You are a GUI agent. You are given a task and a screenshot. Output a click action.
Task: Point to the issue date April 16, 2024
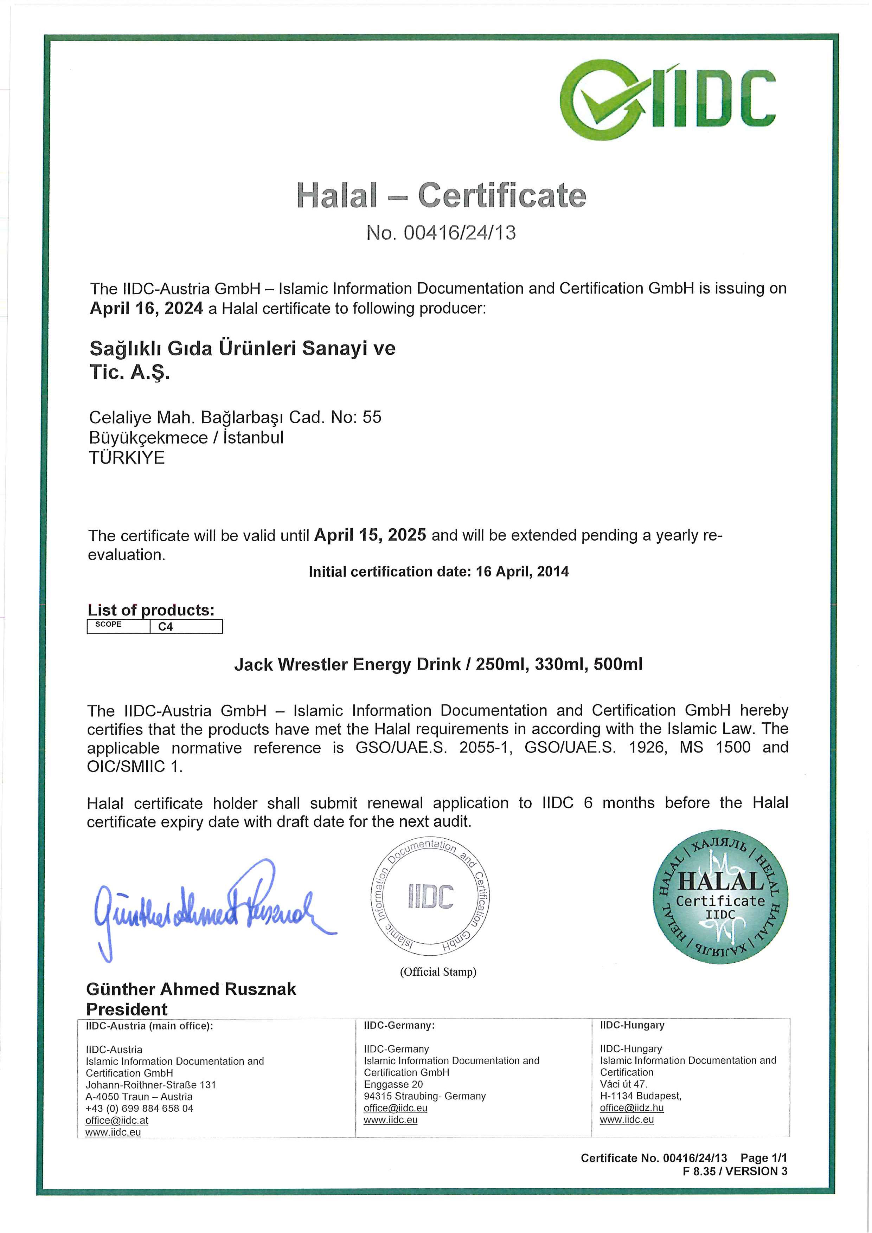coord(146,309)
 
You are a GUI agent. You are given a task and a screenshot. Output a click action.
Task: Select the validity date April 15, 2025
coord(370,535)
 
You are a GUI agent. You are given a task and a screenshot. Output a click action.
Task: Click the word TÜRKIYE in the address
coord(127,458)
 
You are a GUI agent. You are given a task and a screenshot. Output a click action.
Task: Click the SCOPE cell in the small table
coord(109,625)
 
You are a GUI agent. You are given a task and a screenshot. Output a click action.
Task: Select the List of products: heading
coord(151,610)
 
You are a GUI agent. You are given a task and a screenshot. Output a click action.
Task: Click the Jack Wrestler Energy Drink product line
coord(438,665)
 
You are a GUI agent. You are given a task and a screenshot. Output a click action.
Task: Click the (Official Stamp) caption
coord(438,972)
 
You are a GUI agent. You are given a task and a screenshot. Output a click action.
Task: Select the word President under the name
coord(127,1009)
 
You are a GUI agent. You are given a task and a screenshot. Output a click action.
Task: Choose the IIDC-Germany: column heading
coord(399,1025)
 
